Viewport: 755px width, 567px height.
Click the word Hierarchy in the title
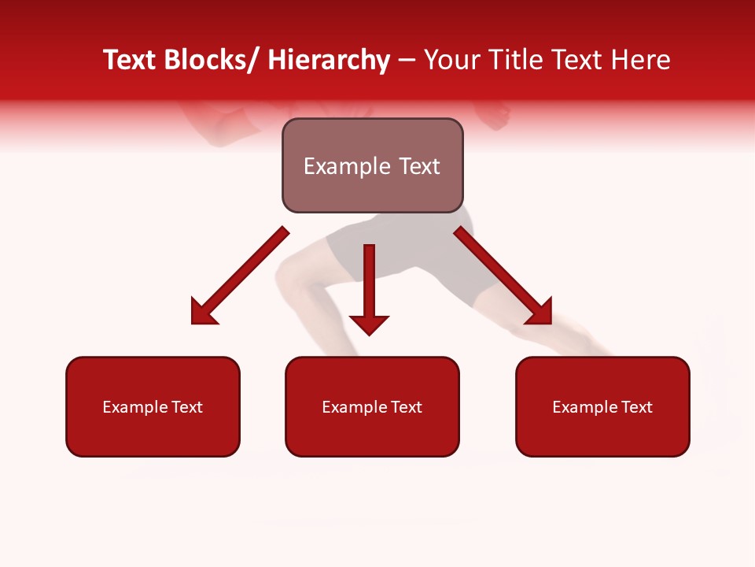[329, 61]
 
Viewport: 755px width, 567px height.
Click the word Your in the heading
[451, 61]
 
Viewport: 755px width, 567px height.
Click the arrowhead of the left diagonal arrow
[203, 312]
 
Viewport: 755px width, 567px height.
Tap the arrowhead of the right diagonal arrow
[540, 312]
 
